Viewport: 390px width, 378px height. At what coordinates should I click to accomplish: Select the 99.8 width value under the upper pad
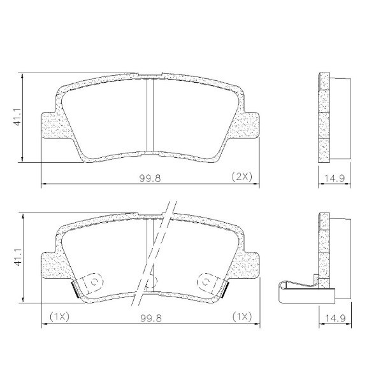point(151,178)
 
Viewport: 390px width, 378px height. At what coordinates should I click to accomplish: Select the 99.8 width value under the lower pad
point(151,316)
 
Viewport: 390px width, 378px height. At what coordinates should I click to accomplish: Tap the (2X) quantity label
point(242,178)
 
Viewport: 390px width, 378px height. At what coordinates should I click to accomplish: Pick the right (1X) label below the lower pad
point(242,316)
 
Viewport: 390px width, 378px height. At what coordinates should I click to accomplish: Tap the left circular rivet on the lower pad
point(93,281)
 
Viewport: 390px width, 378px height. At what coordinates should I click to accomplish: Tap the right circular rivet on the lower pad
point(208,281)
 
